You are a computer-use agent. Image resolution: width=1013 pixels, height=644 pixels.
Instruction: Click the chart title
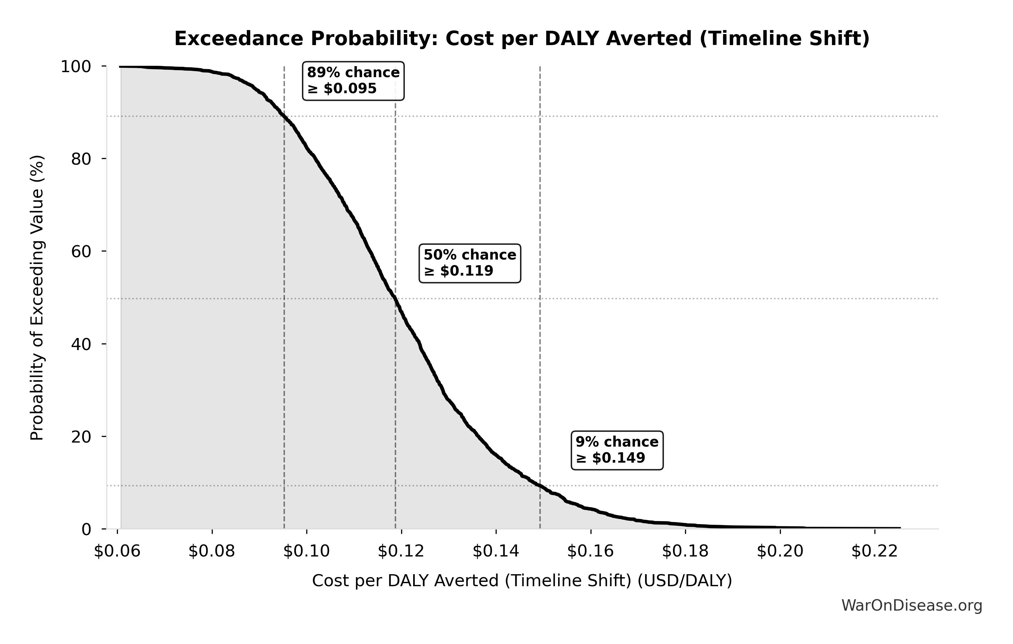[522, 39]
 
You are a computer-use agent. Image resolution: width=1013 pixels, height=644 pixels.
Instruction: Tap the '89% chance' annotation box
[353, 81]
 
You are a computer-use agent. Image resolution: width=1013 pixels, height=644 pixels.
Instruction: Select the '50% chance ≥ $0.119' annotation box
[470, 263]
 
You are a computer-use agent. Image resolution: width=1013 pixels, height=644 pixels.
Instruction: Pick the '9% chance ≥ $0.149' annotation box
[617, 450]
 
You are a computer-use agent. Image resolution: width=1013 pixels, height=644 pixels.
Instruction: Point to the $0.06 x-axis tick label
[117, 551]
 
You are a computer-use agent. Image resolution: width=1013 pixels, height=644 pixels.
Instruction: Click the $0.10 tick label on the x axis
[306, 551]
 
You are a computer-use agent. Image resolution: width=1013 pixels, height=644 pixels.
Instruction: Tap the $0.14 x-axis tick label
[496, 551]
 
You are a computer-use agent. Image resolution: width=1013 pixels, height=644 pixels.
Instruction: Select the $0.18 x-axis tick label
[685, 551]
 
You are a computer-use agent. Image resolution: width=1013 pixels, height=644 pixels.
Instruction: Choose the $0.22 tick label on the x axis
[875, 551]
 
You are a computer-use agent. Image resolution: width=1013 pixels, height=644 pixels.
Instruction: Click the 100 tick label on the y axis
[76, 66]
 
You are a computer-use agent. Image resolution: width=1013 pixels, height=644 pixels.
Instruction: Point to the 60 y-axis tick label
[81, 252]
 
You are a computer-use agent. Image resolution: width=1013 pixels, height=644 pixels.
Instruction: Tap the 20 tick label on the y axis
[81, 437]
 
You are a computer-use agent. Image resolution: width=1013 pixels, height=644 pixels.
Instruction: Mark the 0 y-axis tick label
[86, 529]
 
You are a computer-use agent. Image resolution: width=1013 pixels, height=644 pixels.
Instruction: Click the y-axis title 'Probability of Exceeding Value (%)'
[37, 298]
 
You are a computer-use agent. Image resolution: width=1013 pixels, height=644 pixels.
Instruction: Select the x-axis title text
[522, 581]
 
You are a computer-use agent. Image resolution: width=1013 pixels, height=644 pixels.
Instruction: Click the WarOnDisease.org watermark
[911, 605]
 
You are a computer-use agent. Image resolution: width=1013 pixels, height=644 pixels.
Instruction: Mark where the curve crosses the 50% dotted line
[394, 299]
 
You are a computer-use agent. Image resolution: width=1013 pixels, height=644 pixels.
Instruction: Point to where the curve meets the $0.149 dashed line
[540, 486]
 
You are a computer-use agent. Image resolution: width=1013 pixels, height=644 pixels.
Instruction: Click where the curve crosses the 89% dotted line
[284, 116]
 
